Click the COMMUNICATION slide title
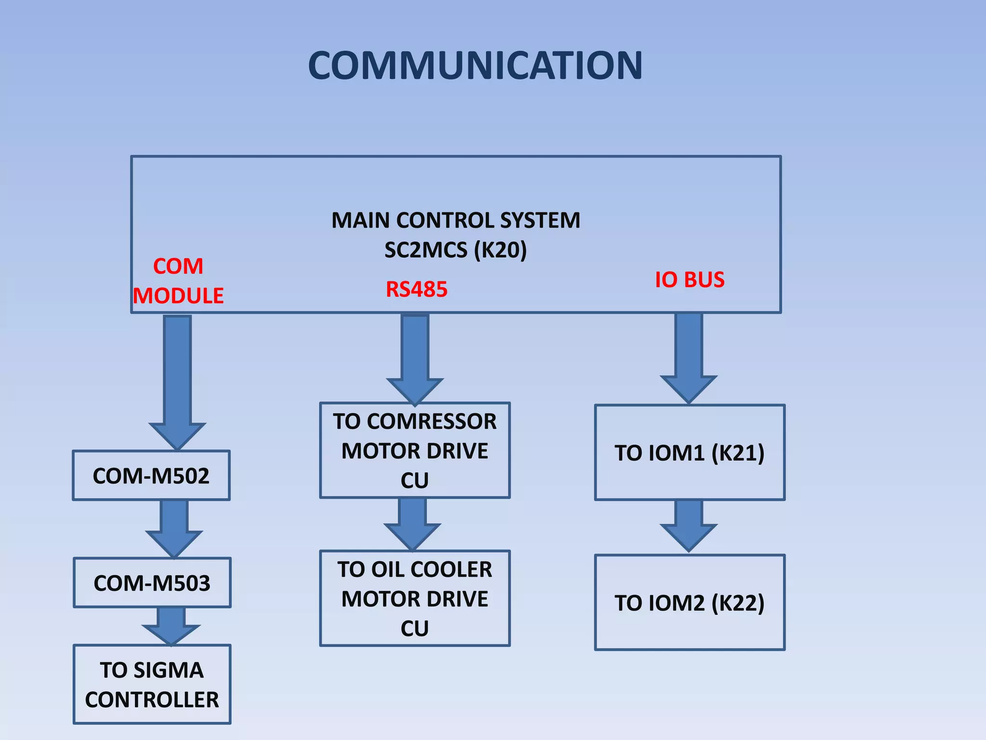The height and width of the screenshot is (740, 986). [475, 66]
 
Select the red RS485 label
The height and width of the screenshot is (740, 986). [416, 290]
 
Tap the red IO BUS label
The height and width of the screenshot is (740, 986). [689, 280]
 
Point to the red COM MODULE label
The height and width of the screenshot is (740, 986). [178, 281]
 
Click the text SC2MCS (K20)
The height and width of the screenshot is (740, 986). [455, 250]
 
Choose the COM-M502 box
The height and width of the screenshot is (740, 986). [151, 476]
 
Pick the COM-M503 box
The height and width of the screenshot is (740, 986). [152, 583]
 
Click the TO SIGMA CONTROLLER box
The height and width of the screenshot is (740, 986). [152, 684]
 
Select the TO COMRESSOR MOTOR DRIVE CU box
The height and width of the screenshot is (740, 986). [415, 450]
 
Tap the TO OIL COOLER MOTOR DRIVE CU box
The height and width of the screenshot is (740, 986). [415, 598]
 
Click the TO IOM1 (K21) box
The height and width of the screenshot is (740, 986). [689, 453]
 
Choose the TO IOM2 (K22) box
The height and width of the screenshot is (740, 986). [689, 603]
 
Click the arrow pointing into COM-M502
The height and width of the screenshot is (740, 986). [178, 381]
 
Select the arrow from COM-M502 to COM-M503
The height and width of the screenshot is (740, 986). [174, 528]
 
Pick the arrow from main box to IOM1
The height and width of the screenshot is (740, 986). [688, 357]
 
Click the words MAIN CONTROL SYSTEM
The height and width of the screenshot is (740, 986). [455, 221]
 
